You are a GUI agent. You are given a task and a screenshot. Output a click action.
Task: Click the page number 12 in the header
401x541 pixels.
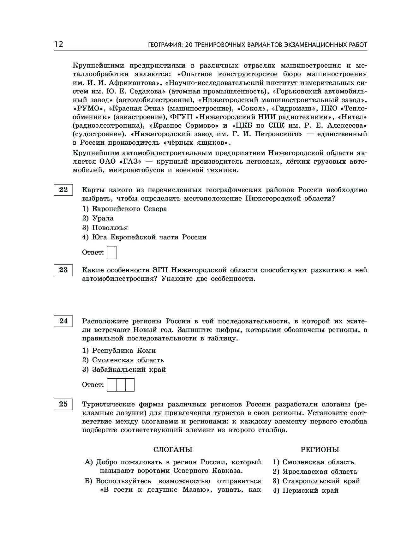pyautogui.click(x=59, y=44)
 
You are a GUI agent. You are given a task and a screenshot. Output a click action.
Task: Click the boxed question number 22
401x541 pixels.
pyautogui.click(x=63, y=190)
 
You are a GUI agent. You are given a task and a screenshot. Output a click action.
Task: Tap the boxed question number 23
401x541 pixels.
pyautogui.click(x=63, y=270)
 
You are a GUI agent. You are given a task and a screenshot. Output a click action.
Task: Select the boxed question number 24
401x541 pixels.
pyautogui.click(x=63, y=321)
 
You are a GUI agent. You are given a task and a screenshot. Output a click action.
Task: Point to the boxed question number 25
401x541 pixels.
pyautogui.click(x=63, y=404)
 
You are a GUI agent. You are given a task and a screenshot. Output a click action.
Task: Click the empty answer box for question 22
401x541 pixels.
pyautogui.click(x=112, y=253)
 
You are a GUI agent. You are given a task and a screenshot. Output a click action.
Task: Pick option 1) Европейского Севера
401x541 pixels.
pyautogui.click(x=124, y=209)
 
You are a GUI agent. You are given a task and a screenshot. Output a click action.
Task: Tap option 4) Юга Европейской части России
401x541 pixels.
pyautogui.click(x=144, y=237)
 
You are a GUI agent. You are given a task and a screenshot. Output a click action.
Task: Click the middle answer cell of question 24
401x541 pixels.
pyautogui.click(x=121, y=385)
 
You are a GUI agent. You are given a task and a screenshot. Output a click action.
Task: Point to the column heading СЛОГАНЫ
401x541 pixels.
pyautogui.click(x=173, y=449)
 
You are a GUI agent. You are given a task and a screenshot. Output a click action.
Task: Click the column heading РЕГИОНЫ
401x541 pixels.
pyautogui.click(x=320, y=449)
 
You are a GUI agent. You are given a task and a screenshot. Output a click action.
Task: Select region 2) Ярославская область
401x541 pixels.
pyautogui.click(x=315, y=472)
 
